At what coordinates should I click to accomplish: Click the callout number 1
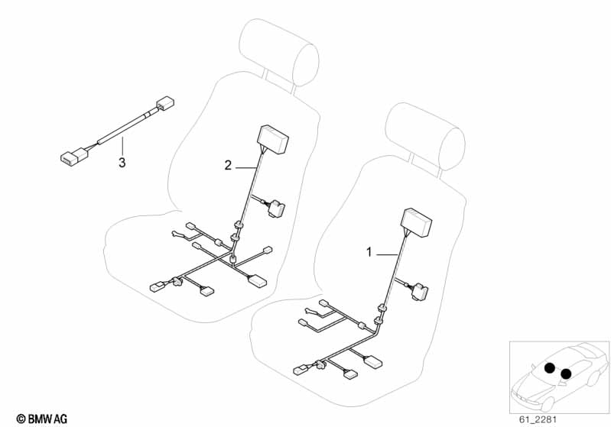[369, 252]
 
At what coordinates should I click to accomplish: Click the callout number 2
[228, 166]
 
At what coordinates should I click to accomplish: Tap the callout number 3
[122, 162]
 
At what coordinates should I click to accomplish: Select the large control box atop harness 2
[272, 140]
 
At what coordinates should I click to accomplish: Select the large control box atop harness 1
[417, 223]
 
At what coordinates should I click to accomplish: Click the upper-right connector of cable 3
[165, 103]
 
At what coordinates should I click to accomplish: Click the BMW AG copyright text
[42, 419]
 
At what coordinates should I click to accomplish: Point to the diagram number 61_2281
[538, 419]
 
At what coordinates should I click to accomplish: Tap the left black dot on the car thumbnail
[550, 368]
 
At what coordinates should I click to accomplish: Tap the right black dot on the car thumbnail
[566, 374]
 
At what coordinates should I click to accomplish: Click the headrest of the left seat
[278, 52]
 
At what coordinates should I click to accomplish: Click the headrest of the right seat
[424, 136]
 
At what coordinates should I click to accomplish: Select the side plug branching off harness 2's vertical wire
[275, 207]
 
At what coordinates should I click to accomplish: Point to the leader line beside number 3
[122, 147]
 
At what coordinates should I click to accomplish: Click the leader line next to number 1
[387, 254]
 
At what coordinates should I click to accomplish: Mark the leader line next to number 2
[246, 168]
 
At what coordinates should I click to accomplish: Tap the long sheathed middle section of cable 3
[122, 128]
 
